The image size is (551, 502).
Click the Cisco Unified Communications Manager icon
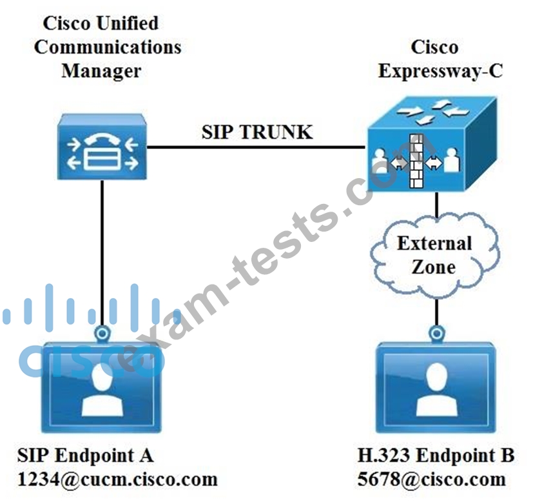pos(102,146)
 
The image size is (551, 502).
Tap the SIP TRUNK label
pos(256,132)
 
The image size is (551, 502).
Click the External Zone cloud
pos(435,255)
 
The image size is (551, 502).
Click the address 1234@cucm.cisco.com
pos(118,479)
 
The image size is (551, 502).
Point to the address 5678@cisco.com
pos(432,479)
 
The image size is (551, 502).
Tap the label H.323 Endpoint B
pos(436,456)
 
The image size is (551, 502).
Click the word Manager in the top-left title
pos(101,70)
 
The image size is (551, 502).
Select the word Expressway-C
pos(441,70)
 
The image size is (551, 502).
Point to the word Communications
pos(108,47)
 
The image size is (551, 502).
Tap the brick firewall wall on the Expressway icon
pos(415,160)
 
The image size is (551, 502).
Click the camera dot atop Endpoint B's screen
pos(437,333)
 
